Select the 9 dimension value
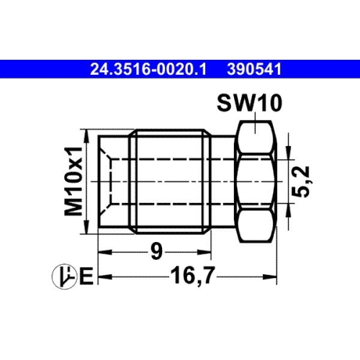[156, 253]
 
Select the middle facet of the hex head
[256, 179]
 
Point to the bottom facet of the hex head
[256, 222]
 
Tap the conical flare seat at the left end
[107, 179]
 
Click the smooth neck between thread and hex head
[224, 179]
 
